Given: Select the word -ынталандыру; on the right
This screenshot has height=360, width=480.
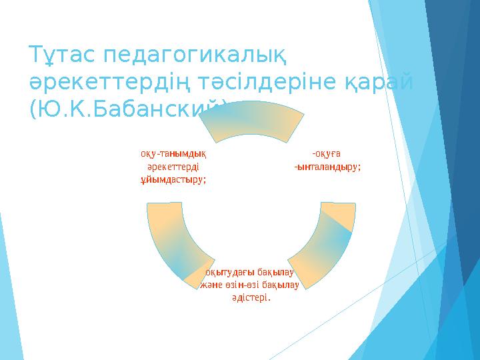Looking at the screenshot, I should (x=327, y=167).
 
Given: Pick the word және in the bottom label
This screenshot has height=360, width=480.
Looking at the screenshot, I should (x=211, y=285).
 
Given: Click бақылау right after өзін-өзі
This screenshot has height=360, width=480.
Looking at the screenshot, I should (x=280, y=285).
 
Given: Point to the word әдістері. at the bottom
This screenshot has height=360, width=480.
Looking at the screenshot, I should (x=251, y=297).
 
